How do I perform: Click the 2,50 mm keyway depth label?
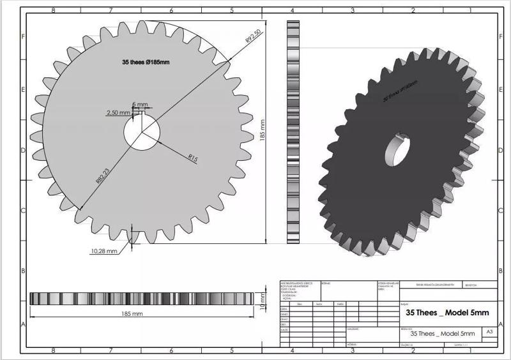[x=118, y=113]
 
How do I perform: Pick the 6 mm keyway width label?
[x=140, y=104]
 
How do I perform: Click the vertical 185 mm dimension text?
[x=262, y=134]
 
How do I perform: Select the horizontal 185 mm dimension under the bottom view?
[x=132, y=314]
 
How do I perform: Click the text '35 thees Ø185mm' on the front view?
[x=146, y=63]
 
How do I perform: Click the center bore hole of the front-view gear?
[x=142, y=135]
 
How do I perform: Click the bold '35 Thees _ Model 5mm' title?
[x=447, y=313]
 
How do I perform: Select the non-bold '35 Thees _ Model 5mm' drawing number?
[x=443, y=333]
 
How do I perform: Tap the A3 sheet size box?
[x=489, y=333]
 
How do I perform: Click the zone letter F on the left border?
[x=23, y=36]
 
